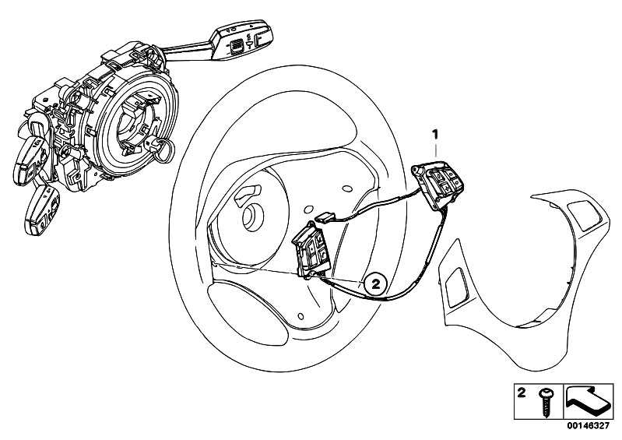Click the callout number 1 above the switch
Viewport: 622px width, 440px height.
(x=436, y=135)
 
